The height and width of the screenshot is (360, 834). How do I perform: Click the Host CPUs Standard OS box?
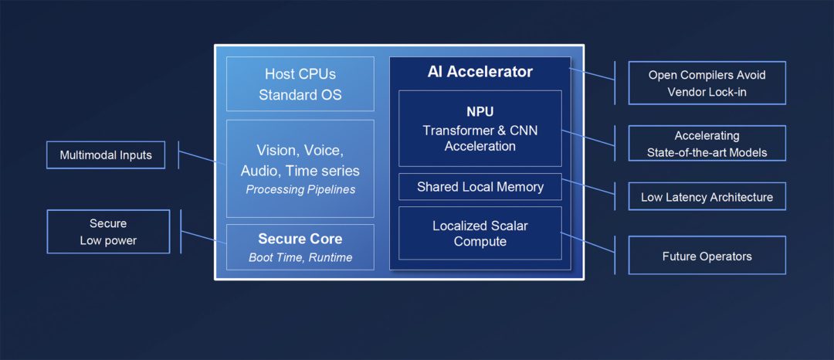pyautogui.click(x=300, y=84)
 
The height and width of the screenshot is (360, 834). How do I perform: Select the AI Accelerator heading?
pyautogui.click(x=480, y=72)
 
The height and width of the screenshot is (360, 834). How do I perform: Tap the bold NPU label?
pyautogui.click(x=480, y=112)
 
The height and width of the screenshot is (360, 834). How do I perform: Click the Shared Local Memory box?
pyautogui.click(x=480, y=187)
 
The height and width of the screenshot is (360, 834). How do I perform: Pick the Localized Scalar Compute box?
pyautogui.click(x=480, y=233)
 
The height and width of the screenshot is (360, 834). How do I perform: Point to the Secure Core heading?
pyautogui.click(x=300, y=239)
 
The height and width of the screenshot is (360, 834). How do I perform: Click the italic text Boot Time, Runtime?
pyautogui.click(x=300, y=257)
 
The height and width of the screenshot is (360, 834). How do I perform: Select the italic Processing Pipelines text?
pyautogui.click(x=300, y=189)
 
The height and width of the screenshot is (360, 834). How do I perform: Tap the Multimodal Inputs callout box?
pyautogui.click(x=106, y=155)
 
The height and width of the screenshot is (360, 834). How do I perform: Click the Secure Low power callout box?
pyautogui.click(x=107, y=231)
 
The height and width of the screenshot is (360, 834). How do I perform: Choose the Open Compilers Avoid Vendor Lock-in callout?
pyautogui.click(x=707, y=83)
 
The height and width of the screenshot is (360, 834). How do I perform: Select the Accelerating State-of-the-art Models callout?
pyautogui.click(x=707, y=144)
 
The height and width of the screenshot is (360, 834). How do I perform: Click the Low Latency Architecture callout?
pyautogui.click(x=707, y=197)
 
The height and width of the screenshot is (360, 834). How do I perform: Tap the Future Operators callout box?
pyautogui.click(x=707, y=256)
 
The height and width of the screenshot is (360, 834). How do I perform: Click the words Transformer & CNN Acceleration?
pyautogui.click(x=480, y=138)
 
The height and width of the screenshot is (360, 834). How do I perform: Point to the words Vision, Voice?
pyautogui.click(x=300, y=151)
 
